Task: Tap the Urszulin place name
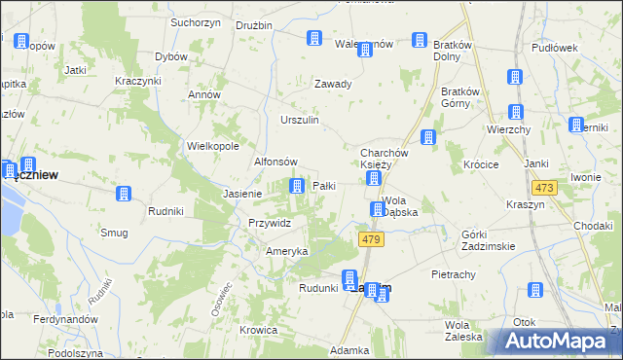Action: coord(300,120)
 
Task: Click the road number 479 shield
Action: coord(369,239)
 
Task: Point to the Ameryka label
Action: coord(287,251)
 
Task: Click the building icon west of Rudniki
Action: coord(124,194)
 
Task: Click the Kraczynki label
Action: coord(137,80)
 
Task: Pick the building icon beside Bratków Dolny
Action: coord(419,40)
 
